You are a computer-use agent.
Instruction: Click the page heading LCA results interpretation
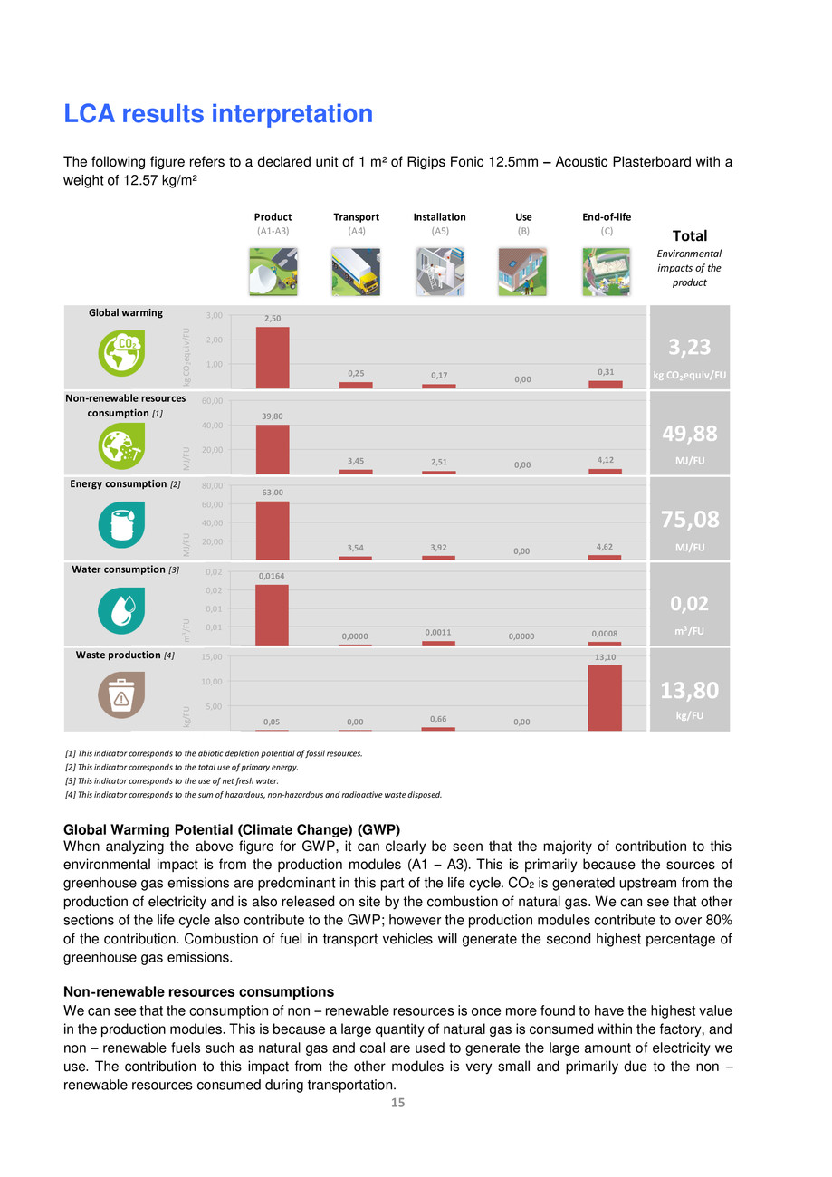[x=218, y=114]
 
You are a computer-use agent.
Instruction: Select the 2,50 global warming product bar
[x=273, y=358]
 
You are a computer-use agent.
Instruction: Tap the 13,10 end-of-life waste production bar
[x=605, y=698]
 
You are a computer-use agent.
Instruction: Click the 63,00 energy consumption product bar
[x=273, y=531]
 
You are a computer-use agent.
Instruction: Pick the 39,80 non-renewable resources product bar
[x=273, y=449]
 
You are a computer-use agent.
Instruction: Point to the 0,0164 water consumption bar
[x=273, y=615]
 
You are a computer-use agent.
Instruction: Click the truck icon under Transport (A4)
[x=356, y=272]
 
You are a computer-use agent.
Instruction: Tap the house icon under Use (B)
[x=522, y=272]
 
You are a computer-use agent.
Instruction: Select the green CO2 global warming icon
[x=120, y=354]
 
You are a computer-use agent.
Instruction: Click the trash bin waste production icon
[x=120, y=695]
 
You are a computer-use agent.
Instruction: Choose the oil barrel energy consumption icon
[x=120, y=524]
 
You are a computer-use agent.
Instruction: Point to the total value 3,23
[x=689, y=348]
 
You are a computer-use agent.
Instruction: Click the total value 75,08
[x=689, y=519]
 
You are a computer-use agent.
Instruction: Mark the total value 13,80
[x=689, y=691]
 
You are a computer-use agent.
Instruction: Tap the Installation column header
[x=439, y=217]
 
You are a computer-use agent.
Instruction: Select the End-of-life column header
[x=607, y=217]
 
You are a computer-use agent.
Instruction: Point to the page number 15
[x=397, y=1102]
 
